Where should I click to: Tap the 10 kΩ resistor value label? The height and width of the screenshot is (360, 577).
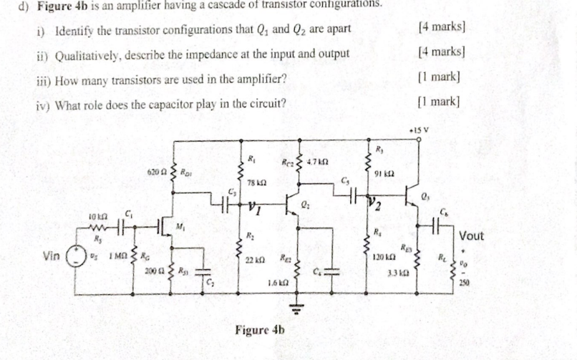tap(98, 215)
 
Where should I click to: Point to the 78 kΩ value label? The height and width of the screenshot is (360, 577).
tap(257, 184)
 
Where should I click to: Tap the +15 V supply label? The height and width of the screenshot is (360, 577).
tap(417, 130)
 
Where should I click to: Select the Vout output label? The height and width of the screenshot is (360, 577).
tap(472, 236)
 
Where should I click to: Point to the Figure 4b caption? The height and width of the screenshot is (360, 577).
tap(260, 331)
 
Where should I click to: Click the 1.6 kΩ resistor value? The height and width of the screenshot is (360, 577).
tap(278, 284)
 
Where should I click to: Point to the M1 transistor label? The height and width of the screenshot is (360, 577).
tap(180, 228)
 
